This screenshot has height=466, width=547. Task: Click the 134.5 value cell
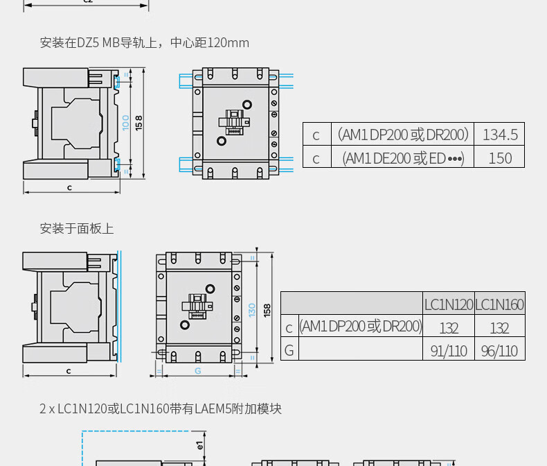pyautogui.click(x=500, y=135)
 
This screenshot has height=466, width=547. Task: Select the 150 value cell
pyautogui.click(x=500, y=157)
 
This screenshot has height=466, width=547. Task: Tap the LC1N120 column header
pyautogui.click(x=449, y=304)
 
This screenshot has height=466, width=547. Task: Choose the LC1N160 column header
pyautogui.click(x=499, y=304)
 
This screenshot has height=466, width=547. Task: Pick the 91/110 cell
pyautogui.click(x=449, y=351)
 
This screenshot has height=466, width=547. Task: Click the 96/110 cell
pyautogui.click(x=499, y=351)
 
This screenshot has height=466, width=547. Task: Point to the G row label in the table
pyautogui.click(x=289, y=350)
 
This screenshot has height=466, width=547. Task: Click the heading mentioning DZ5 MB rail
pyautogui.click(x=144, y=43)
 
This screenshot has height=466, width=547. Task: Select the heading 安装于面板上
pyautogui.click(x=77, y=228)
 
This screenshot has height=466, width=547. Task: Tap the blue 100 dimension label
pyautogui.click(x=126, y=123)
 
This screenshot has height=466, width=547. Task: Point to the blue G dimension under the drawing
pyautogui.click(x=197, y=371)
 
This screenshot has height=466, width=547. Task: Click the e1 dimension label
pyautogui.click(x=200, y=445)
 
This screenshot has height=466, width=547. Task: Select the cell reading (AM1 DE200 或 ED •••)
pyautogui.click(x=403, y=158)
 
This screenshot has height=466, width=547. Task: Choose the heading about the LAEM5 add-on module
pyautogui.click(x=161, y=408)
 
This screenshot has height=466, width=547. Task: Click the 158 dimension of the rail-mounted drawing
pyautogui.click(x=139, y=123)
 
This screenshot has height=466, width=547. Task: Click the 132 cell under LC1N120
pyautogui.click(x=449, y=327)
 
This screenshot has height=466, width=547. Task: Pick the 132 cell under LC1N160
pyautogui.click(x=499, y=327)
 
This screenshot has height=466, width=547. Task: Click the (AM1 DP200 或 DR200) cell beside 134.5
pyautogui.click(x=403, y=135)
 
